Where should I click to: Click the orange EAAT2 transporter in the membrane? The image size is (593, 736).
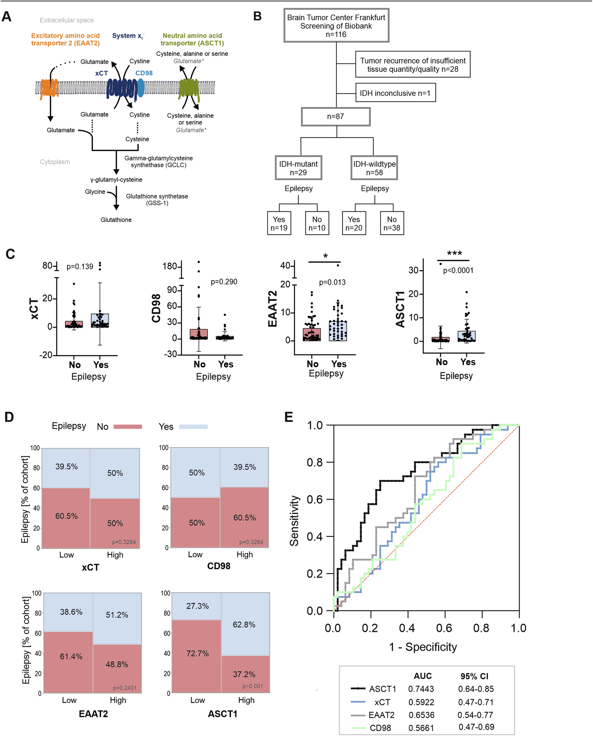(x=49, y=88)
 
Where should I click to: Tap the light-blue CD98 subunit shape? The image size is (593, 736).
(x=141, y=88)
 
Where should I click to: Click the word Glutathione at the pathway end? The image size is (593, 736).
(x=116, y=220)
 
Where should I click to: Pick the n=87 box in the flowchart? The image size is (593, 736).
(x=336, y=117)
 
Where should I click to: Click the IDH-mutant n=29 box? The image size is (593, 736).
(x=299, y=168)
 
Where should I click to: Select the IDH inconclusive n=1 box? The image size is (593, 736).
(x=396, y=93)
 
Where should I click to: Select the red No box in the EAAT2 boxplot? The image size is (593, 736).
(x=312, y=335)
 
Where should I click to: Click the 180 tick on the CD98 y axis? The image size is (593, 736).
(x=170, y=266)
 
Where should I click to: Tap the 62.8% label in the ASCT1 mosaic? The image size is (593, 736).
(x=244, y=625)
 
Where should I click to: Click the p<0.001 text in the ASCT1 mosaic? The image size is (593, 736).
(x=253, y=686)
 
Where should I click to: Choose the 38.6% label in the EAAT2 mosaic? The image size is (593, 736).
(x=71, y=612)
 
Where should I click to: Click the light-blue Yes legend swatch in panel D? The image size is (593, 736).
(x=193, y=426)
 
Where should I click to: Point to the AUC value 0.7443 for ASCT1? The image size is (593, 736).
(x=421, y=689)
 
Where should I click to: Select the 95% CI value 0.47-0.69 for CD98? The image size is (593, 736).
(x=476, y=727)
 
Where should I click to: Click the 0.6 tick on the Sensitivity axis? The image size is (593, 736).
(x=315, y=499)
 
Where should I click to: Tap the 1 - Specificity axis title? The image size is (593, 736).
(x=423, y=647)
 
